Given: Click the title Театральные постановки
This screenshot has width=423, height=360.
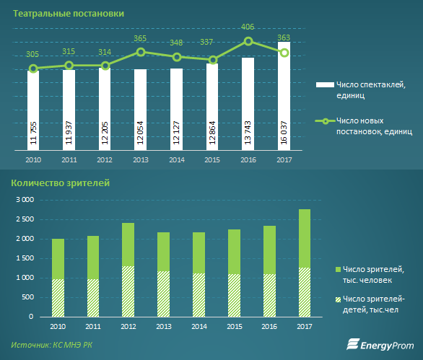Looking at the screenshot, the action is [69, 14].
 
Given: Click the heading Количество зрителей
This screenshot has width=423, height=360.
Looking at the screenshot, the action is [61, 183].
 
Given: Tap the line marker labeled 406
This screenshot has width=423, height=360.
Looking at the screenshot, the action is [248, 41].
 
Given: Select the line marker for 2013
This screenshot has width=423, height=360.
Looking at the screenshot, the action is [141, 52].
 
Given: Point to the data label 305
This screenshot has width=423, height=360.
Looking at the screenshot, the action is [32, 54].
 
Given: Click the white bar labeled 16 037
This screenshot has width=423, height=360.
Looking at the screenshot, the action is [284, 96].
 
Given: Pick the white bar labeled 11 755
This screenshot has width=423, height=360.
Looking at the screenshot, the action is [33, 110].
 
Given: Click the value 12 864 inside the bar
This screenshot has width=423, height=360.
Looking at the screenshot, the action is [212, 133].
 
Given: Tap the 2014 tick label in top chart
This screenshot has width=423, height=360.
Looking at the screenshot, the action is [177, 160].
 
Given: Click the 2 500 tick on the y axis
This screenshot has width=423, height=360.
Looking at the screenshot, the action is [25, 219].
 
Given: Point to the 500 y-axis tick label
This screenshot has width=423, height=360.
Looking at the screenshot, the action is [27, 297].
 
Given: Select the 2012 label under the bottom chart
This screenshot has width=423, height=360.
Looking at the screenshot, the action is [128, 327].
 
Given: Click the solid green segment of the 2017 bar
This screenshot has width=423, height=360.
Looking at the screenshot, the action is [305, 238].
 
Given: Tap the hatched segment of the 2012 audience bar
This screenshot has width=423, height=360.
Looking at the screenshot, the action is [128, 291].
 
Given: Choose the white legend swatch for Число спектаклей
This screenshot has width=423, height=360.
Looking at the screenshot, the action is [325, 84].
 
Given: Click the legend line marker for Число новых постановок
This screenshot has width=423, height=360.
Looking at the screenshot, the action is [326, 121].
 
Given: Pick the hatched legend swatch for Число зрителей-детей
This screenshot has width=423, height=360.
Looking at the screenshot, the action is [338, 299].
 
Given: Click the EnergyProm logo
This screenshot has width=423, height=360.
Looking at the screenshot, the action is [380, 345].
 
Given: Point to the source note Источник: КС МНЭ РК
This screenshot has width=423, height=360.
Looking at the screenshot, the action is [51, 345].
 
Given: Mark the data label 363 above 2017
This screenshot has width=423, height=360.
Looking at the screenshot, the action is [284, 38].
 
